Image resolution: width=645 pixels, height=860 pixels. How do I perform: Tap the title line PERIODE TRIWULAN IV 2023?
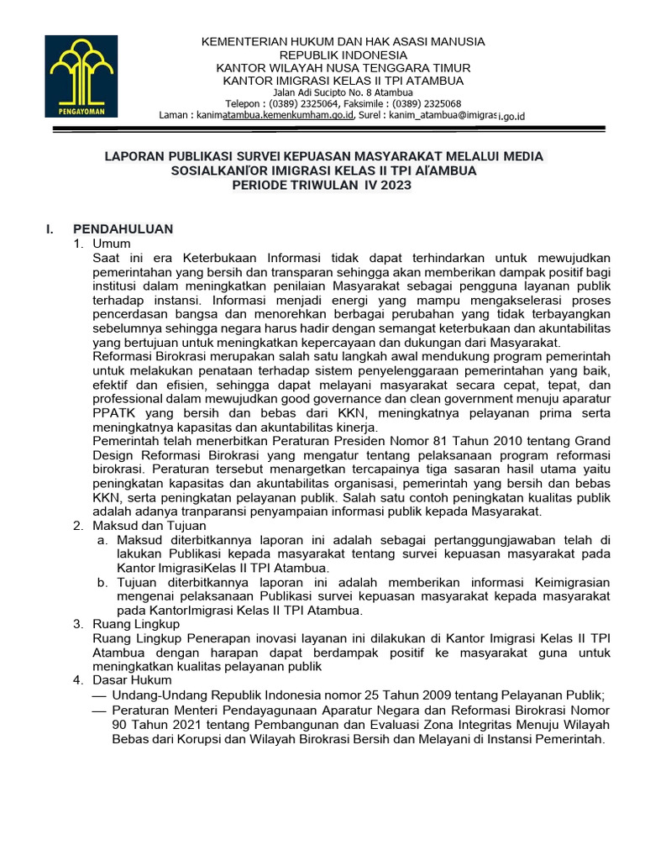point(322,186)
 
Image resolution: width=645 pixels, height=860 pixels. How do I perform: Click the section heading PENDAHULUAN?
point(123,228)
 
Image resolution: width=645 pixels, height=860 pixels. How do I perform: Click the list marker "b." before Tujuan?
point(102,582)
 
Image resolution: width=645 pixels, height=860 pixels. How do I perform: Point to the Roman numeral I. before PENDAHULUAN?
point(50,228)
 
